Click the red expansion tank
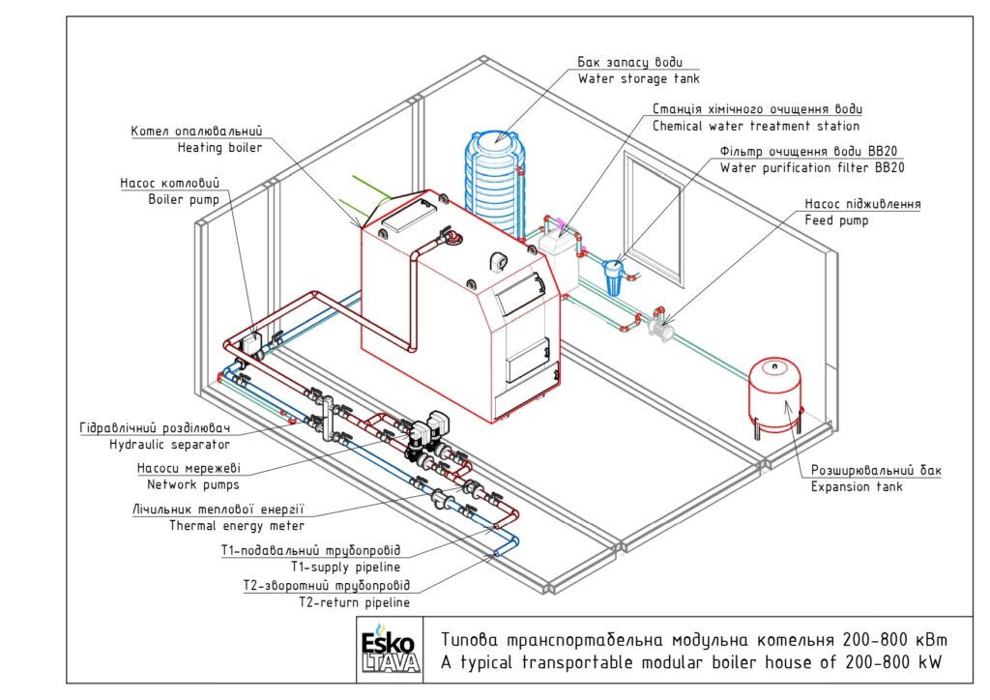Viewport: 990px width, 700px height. tap(774, 395)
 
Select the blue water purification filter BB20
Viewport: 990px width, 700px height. tap(612, 277)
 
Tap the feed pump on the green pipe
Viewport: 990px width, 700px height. tap(660, 328)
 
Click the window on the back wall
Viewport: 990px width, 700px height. tap(654, 219)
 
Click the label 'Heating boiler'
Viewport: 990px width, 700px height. tap(219, 148)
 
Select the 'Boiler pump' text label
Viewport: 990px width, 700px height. tap(184, 199)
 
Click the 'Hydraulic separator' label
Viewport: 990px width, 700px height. tap(169, 445)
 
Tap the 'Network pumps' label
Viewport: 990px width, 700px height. tap(193, 484)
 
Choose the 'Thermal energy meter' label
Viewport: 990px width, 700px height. tap(237, 526)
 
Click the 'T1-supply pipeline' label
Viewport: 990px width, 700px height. tap(345, 567)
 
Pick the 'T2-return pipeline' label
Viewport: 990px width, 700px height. tap(354, 602)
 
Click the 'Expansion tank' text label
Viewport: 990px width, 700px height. tap(857, 486)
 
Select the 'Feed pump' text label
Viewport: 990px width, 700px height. tap(836, 220)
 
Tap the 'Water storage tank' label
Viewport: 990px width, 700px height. tap(639, 79)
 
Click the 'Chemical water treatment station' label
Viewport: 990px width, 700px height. tap(756, 127)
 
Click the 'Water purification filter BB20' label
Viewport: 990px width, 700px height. tap(812, 168)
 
